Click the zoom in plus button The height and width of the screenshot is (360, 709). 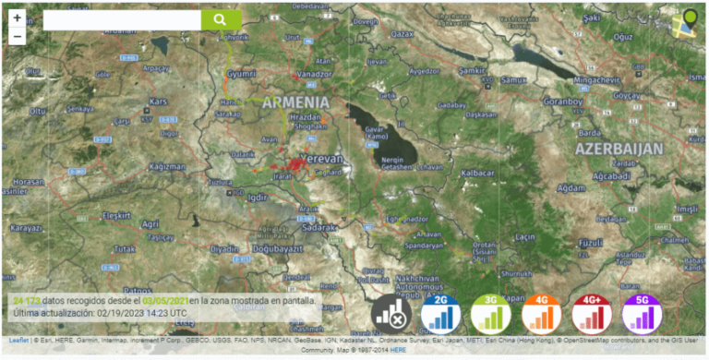tap(18, 18)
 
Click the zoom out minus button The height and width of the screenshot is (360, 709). tap(18, 37)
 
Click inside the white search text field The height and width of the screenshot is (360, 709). tap(121, 19)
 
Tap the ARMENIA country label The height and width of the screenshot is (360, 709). tap(295, 102)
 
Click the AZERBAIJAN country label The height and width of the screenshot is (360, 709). tap(619, 149)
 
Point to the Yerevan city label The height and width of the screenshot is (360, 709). tap(323, 159)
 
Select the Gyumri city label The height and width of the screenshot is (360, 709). tap(241, 73)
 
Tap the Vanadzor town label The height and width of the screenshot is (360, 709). tap(314, 73)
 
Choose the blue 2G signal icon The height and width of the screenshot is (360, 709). tap(441, 314)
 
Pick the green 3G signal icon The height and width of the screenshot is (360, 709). tap(491, 314)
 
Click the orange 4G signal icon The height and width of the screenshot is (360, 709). tap(541, 314)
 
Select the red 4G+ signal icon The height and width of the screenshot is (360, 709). tap(592, 314)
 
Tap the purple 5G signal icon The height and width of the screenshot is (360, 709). tap(642, 314)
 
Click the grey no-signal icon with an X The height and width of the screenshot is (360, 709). tap(391, 314)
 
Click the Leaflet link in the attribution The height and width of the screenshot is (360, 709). tap(18, 340)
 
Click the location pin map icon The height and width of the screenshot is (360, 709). tap(686, 22)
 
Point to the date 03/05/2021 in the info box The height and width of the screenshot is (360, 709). tap(165, 301)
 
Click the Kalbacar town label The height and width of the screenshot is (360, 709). tap(478, 173)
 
